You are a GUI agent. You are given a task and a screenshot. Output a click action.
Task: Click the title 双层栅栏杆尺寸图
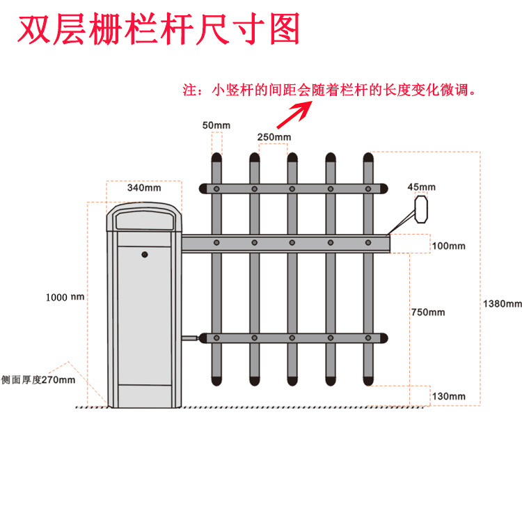[x=158, y=29]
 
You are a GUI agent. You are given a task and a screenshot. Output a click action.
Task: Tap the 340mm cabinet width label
[x=144, y=188]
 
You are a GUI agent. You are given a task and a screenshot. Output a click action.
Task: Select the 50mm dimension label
[x=216, y=125]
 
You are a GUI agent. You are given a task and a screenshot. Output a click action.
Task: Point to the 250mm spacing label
[x=274, y=136]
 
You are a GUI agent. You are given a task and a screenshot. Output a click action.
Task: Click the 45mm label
[x=421, y=187]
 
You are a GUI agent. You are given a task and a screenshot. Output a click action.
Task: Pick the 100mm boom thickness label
[x=448, y=246]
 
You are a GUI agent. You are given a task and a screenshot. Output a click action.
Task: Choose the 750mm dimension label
[x=427, y=313]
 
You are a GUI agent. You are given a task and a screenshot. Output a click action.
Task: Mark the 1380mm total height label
[x=502, y=303]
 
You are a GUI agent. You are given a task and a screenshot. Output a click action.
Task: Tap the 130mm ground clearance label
[x=448, y=396]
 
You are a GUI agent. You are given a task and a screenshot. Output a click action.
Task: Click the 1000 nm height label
[x=65, y=297]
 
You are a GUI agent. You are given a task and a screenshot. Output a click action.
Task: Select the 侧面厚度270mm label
[x=38, y=379]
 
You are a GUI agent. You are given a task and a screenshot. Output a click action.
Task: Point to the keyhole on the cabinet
[x=145, y=255]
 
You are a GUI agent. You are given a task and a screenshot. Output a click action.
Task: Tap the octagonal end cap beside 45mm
[x=421, y=209]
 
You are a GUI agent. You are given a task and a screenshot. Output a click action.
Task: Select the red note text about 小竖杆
[x=328, y=90]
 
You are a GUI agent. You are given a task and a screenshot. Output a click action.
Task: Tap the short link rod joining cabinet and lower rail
[x=190, y=339]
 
